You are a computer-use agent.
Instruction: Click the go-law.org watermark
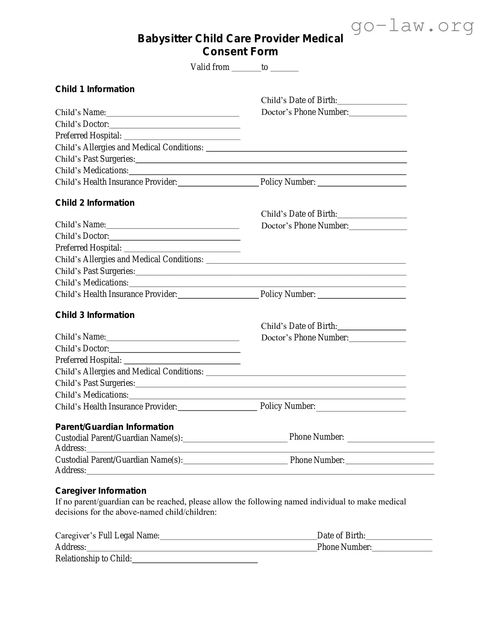coord(412,26)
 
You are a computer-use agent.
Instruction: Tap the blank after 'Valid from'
coord(246,68)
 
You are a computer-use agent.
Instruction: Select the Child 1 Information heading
coord(95,89)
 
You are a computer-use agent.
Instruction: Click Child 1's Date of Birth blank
coord(372,101)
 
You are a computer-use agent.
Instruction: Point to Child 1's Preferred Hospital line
coord(182,137)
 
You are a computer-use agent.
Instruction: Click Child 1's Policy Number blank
coord(362,183)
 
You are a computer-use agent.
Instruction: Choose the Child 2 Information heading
coord(95,203)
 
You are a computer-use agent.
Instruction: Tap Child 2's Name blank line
coord(172,225)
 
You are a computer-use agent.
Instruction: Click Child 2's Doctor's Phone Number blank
coord(378,227)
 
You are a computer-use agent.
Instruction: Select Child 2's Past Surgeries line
coord(271,272)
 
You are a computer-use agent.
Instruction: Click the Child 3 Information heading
coord(95,315)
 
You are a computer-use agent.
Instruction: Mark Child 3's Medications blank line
coord(267,396)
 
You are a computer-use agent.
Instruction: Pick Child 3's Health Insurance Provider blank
coord(217,408)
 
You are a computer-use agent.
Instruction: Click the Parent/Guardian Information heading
coord(114,427)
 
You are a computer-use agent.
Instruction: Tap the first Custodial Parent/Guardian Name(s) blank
coord(235,439)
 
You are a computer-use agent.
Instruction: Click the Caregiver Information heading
coord(100,491)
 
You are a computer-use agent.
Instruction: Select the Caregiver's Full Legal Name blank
coord(238,536)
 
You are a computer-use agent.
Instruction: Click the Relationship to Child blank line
coord(194,560)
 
